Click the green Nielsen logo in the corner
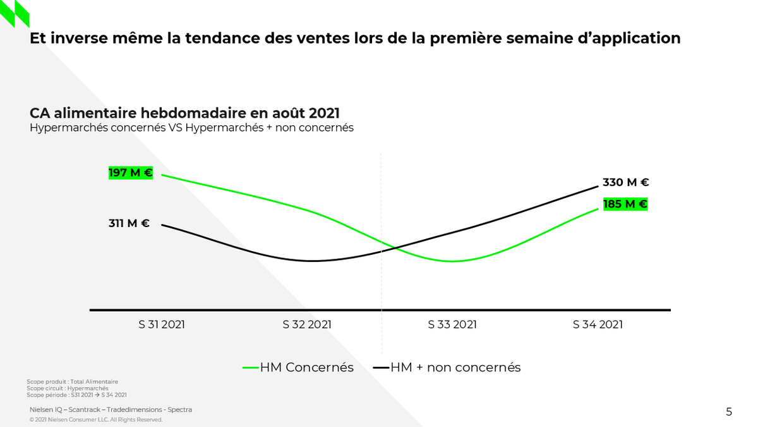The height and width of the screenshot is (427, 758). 14,13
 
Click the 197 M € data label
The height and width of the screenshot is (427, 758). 131,173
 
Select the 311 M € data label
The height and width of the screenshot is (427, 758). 129,223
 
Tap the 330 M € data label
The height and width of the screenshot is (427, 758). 625,182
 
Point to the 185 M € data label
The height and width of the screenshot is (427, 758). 625,204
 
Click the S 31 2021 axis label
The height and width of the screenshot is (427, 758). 162,325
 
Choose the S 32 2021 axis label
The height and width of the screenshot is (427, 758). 307,325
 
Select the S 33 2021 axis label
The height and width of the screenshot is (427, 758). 452,325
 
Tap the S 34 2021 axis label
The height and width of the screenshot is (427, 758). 598,325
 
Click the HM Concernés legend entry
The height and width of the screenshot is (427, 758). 298,367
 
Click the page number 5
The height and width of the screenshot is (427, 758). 729,412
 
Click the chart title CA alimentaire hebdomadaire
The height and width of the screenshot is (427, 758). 184,113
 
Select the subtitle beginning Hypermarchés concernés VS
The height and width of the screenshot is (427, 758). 191,128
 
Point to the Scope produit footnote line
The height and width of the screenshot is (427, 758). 72,381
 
